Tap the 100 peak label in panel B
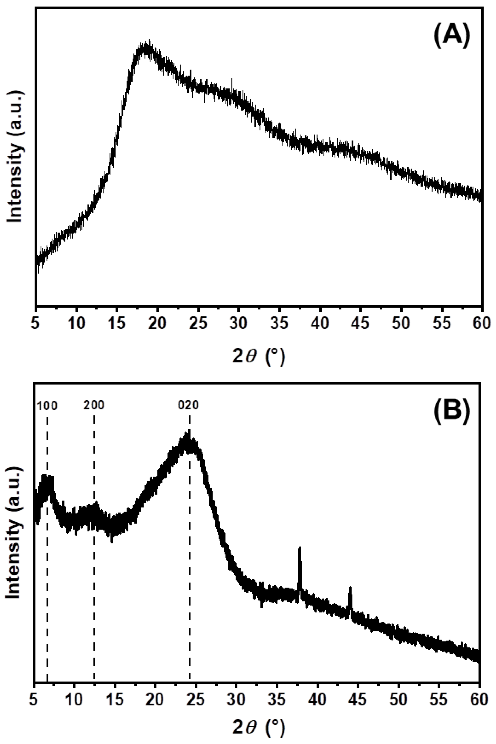click(x=47, y=406)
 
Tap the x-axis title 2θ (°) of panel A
click(x=259, y=356)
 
